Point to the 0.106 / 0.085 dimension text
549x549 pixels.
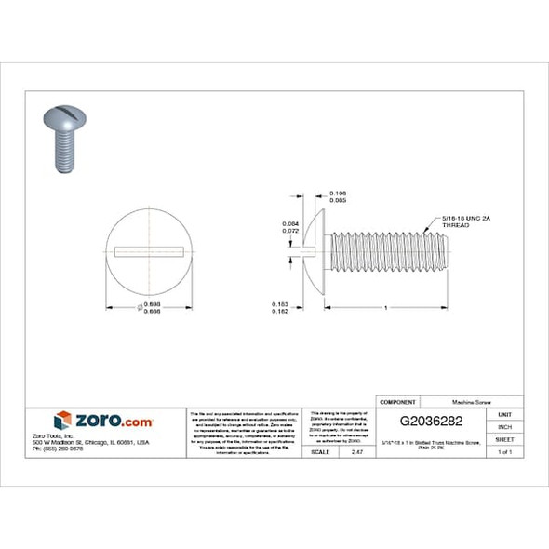point(314,196)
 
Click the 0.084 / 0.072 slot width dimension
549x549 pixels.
point(289,228)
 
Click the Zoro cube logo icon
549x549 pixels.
point(63,421)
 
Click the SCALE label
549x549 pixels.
point(320,451)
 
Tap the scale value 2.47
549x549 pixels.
point(355,451)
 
